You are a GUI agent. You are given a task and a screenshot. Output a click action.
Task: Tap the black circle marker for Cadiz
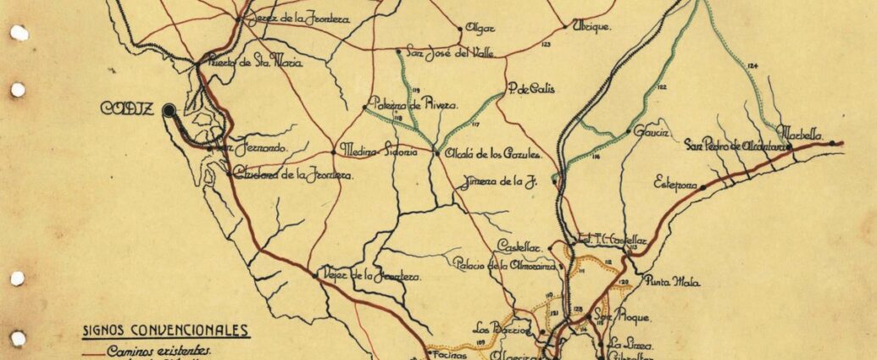coord(169,109)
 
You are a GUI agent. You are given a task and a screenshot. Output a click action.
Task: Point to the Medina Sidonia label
coord(378,152)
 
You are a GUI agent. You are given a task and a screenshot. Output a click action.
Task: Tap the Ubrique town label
coord(592,26)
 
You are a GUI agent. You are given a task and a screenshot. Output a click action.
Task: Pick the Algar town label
coord(480,27)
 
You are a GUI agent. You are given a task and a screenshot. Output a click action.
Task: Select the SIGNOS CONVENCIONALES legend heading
coord(165,331)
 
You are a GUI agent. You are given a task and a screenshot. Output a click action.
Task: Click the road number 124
coord(753,66)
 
